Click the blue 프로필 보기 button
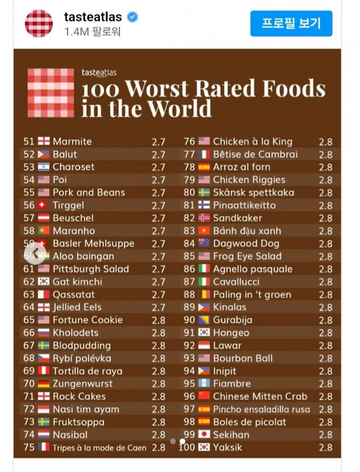[291, 23]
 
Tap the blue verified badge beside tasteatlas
[132, 17]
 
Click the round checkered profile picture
[38, 23]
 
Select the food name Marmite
[72, 142]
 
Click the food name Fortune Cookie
[87, 320]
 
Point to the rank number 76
[190, 142]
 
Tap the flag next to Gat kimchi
[43, 282]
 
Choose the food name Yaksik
[228, 448]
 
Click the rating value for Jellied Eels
[159, 307]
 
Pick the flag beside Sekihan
[204, 435]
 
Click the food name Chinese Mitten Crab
[260, 396]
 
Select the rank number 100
[188, 448]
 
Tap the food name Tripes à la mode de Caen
[100, 448]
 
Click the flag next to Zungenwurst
[43, 384]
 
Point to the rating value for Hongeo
[326, 333]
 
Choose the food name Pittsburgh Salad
[91, 269]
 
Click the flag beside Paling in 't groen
[204, 295]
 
